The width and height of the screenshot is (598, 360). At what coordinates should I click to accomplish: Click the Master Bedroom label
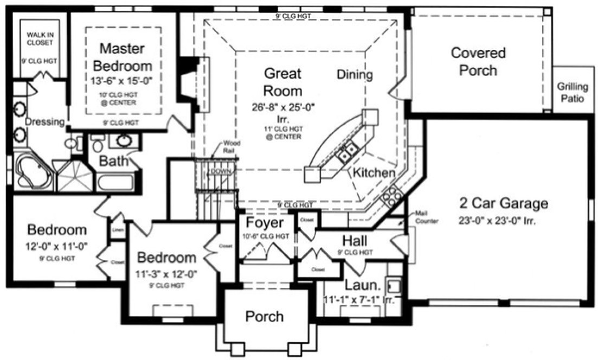tap(122, 57)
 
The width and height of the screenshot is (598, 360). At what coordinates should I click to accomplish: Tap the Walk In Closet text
tap(41, 38)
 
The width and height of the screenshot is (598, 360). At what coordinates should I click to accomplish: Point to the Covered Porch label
tap(478, 61)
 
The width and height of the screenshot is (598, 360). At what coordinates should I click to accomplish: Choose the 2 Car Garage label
tap(504, 204)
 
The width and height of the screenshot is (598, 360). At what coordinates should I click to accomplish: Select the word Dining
tap(354, 74)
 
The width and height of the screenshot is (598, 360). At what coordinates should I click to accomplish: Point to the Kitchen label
tap(374, 173)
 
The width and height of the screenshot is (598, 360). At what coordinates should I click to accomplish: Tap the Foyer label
tap(265, 223)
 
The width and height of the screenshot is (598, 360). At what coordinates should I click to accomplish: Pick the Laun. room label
tap(359, 285)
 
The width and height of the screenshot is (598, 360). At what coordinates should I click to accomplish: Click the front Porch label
tap(265, 316)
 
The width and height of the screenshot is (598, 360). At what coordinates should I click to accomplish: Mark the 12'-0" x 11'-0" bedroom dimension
tap(57, 246)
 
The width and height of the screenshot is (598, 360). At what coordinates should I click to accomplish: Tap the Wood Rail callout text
tap(228, 147)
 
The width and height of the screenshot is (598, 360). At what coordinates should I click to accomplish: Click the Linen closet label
tap(117, 231)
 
